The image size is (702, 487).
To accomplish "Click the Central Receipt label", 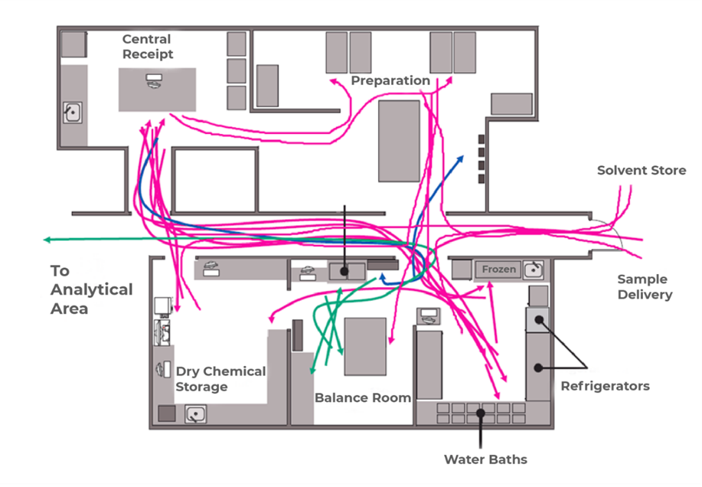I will point(148,46).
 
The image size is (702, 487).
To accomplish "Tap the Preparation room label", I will point(390,80).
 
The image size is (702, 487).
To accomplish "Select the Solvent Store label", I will point(642,170).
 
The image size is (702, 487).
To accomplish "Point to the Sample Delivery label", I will point(642,286).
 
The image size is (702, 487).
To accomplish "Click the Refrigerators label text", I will point(605,386).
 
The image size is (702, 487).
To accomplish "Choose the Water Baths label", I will point(485,459).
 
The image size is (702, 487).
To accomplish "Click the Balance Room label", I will point(363,397).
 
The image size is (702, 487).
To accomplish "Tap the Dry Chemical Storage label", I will point(220,379).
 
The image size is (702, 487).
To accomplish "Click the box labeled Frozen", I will point(499,270).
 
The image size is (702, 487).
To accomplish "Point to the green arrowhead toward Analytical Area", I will point(47,240).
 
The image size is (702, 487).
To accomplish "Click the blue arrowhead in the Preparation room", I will point(461,157).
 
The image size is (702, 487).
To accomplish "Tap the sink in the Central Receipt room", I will point(72,113).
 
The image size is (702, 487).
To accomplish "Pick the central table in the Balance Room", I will point(365,346).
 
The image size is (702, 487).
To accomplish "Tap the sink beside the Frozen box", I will point(533,269).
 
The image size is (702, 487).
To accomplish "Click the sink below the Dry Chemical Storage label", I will point(197,414).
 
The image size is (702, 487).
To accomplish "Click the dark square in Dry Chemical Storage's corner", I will point(166,413).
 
